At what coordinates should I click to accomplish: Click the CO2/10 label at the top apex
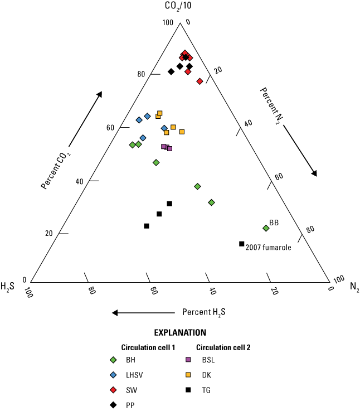point(179,8)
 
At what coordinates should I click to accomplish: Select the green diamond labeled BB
point(266,228)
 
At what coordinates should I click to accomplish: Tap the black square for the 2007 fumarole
point(242,244)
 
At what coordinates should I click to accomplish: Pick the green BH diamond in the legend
point(114,360)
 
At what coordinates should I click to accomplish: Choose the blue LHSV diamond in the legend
point(114,374)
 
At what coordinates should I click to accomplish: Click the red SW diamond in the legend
point(114,389)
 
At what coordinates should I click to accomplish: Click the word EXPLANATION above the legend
point(180,332)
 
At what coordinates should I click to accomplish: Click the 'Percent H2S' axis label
point(204,312)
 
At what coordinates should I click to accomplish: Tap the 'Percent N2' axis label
point(271,106)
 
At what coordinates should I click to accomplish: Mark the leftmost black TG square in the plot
point(147,226)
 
